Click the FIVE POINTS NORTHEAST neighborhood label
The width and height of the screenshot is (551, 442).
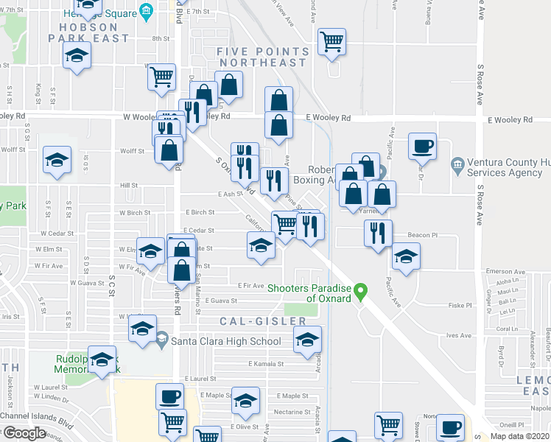coord(262,57)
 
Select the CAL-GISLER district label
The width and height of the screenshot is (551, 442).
coord(262,321)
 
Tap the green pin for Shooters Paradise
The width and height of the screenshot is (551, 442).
coord(360,292)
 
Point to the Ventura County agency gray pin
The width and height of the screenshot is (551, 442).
coord(457,163)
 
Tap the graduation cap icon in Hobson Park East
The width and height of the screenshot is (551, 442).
coord(77,56)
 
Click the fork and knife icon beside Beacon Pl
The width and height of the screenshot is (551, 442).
coord(378,234)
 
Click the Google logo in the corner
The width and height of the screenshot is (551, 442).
coord(24,433)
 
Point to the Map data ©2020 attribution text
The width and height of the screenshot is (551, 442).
coord(519,436)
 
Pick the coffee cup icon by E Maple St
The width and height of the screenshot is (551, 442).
coord(170,396)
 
